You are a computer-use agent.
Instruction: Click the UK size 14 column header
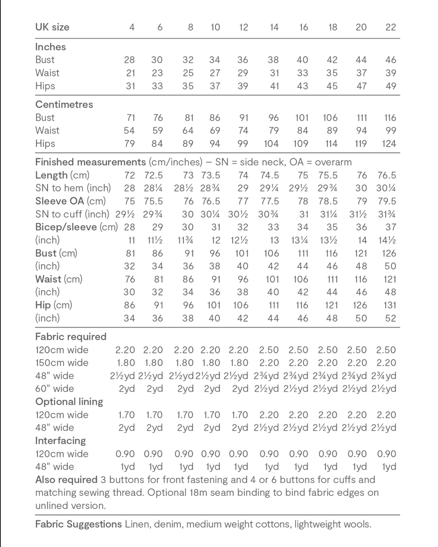[x=274, y=27]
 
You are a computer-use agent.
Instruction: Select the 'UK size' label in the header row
[x=52, y=27]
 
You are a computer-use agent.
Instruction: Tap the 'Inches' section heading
[x=50, y=47]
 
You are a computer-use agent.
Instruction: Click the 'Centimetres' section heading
[x=64, y=104]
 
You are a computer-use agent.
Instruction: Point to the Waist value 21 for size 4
[x=130, y=73]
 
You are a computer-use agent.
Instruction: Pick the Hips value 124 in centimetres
[x=389, y=144]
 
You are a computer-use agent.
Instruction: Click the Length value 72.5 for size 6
[x=153, y=175]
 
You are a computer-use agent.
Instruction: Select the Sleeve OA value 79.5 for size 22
[x=387, y=201]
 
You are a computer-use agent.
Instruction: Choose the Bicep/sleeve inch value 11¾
[x=185, y=240]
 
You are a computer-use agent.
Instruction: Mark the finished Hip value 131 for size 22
[x=390, y=305]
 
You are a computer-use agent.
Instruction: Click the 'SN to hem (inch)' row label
[x=73, y=188]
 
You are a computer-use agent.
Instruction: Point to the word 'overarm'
[x=333, y=162]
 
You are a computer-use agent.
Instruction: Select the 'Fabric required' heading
[x=71, y=336]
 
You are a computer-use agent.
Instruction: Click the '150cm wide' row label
[x=62, y=363]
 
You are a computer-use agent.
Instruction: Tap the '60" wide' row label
[x=55, y=389]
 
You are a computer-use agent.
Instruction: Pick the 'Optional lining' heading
[x=69, y=402]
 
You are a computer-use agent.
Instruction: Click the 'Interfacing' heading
[x=60, y=441]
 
